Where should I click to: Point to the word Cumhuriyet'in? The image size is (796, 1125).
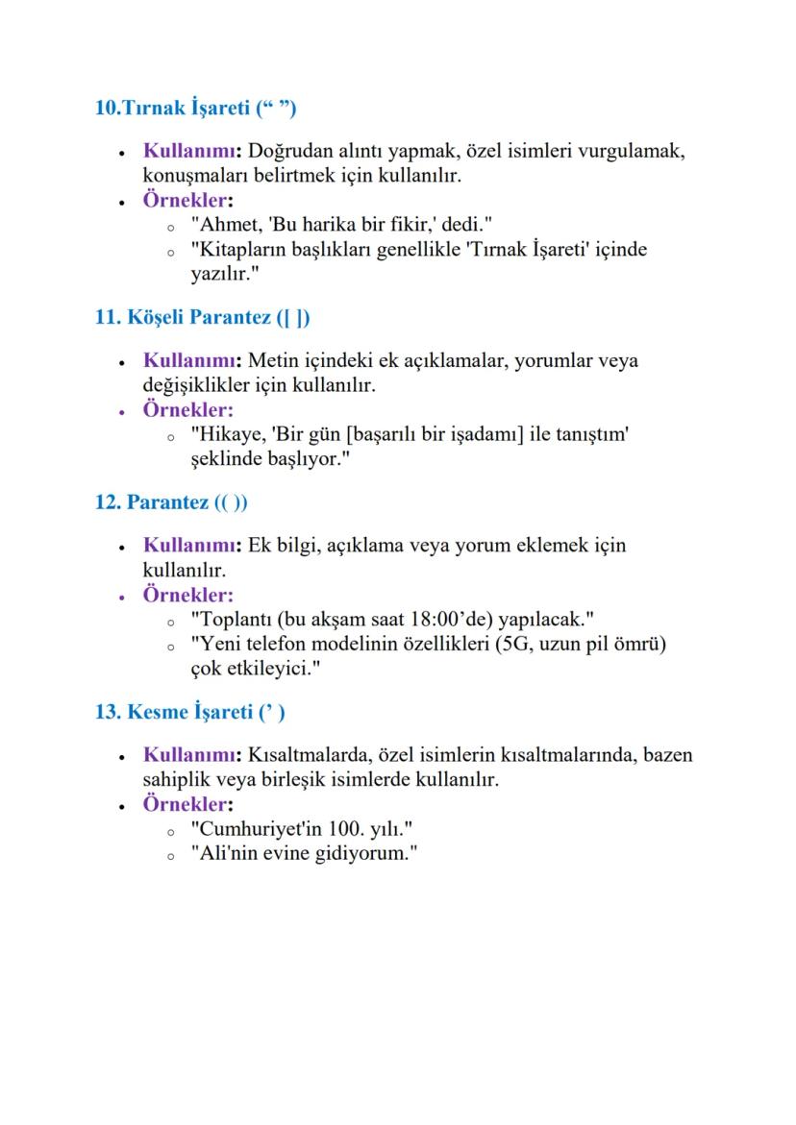tap(256, 828)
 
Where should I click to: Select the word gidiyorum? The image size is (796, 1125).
tap(363, 853)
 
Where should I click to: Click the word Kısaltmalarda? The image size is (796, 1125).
tap(308, 755)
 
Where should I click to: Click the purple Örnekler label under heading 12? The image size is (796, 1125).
tap(188, 595)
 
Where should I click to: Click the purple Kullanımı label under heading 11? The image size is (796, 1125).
tap(192, 361)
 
